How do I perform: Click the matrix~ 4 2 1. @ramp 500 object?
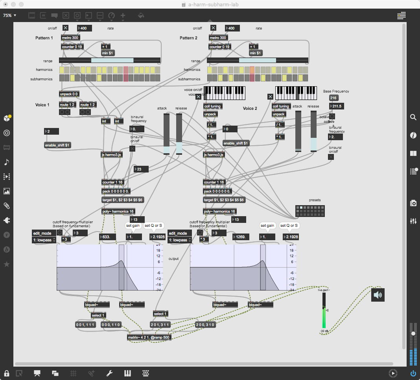pyautogui.click(x=149, y=337)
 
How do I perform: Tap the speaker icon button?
pyautogui.click(x=378, y=295)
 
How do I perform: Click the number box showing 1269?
pyautogui.click(x=241, y=237)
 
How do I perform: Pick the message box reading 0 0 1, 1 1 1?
pyautogui.click(x=85, y=325)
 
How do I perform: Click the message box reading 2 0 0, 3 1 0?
pyautogui.click(x=205, y=325)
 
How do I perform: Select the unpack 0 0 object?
pyautogui.click(x=69, y=94)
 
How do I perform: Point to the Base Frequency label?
pyautogui.click(x=336, y=91)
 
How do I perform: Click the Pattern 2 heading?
pyautogui.click(x=188, y=38)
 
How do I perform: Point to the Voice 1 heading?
pyautogui.click(x=42, y=105)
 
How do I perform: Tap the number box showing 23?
pyautogui.click(x=141, y=169)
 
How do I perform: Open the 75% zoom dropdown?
pyautogui.click(x=10, y=15)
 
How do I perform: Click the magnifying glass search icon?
pyautogui.click(x=413, y=117)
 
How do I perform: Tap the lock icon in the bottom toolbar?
pyautogui.click(x=7, y=373)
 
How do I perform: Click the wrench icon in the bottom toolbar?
pyautogui.click(x=110, y=373)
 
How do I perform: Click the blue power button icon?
pyautogui.click(x=413, y=373)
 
